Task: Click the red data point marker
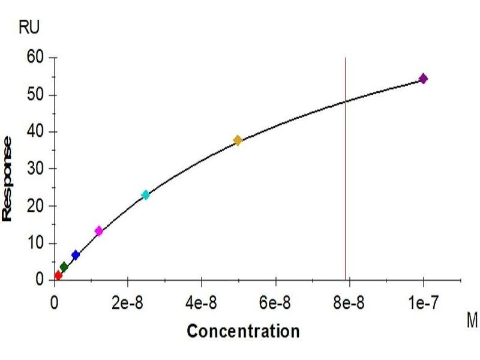(58, 275)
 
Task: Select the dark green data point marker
(64, 267)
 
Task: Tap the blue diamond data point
(76, 255)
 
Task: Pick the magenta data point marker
(99, 231)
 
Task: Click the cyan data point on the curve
(145, 194)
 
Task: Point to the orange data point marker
(238, 140)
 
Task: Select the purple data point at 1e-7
(423, 79)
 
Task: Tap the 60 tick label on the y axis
(37, 58)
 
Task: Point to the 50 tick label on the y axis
(37, 95)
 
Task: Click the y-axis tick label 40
(37, 132)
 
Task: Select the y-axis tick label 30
(37, 169)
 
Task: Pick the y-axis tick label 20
(37, 206)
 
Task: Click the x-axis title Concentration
(242, 331)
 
